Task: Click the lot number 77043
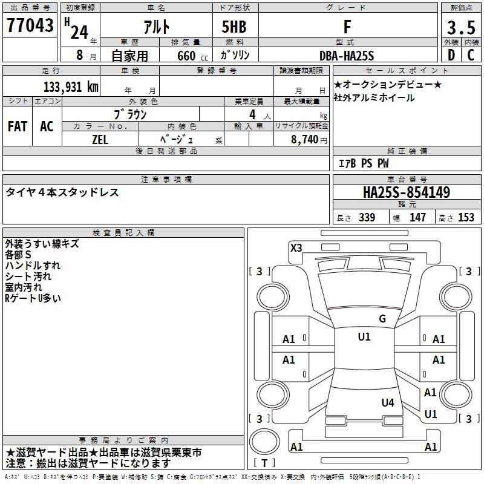coord(30,26)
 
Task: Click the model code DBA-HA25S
coord(347,56)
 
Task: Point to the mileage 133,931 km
coord(71,87)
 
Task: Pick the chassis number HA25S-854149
coord(406,193)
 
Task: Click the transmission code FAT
coord(18,126)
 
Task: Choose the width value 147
coord(417,217)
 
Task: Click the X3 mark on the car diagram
coord(296,247)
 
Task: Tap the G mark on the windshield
coord(382,319)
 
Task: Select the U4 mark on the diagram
coord(388,402)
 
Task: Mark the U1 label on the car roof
coord(364,337)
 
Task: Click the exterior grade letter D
coord(451,55)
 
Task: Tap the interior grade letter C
coord(471,55)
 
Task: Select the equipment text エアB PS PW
coord(363,163)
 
